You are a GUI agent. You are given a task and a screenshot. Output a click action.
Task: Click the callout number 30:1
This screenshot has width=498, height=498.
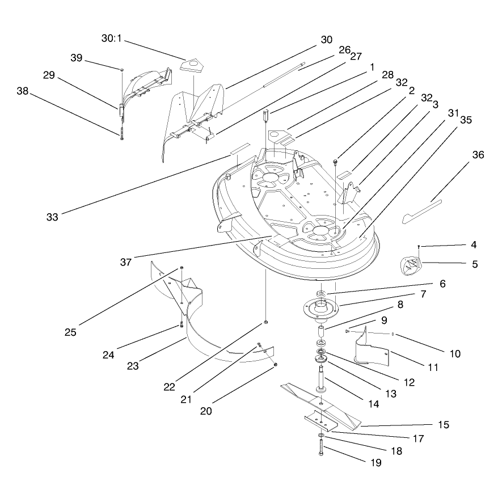111,39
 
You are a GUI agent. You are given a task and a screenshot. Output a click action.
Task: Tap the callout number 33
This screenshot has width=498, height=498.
52,217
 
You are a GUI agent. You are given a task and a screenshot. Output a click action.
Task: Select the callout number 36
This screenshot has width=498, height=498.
478,155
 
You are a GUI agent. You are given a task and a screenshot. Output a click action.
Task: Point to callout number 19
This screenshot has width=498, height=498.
376,463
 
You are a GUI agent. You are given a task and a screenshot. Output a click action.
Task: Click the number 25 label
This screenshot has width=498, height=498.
70,332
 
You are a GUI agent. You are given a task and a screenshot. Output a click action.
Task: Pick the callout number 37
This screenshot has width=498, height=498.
126,263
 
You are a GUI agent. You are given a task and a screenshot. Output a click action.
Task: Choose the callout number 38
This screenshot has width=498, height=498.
23,91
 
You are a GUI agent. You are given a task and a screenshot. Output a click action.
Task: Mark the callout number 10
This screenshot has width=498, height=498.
455,354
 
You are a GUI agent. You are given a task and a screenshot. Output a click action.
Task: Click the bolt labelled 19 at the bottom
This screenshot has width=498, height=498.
321,447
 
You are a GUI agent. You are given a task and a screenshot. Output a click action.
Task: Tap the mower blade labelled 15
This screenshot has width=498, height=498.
321,404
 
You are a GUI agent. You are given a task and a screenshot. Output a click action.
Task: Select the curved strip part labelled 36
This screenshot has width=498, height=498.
422,212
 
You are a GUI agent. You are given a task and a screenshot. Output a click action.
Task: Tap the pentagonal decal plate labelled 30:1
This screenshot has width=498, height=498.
192,65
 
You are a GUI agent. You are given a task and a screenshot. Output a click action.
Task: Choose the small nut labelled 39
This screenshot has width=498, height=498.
122,70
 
